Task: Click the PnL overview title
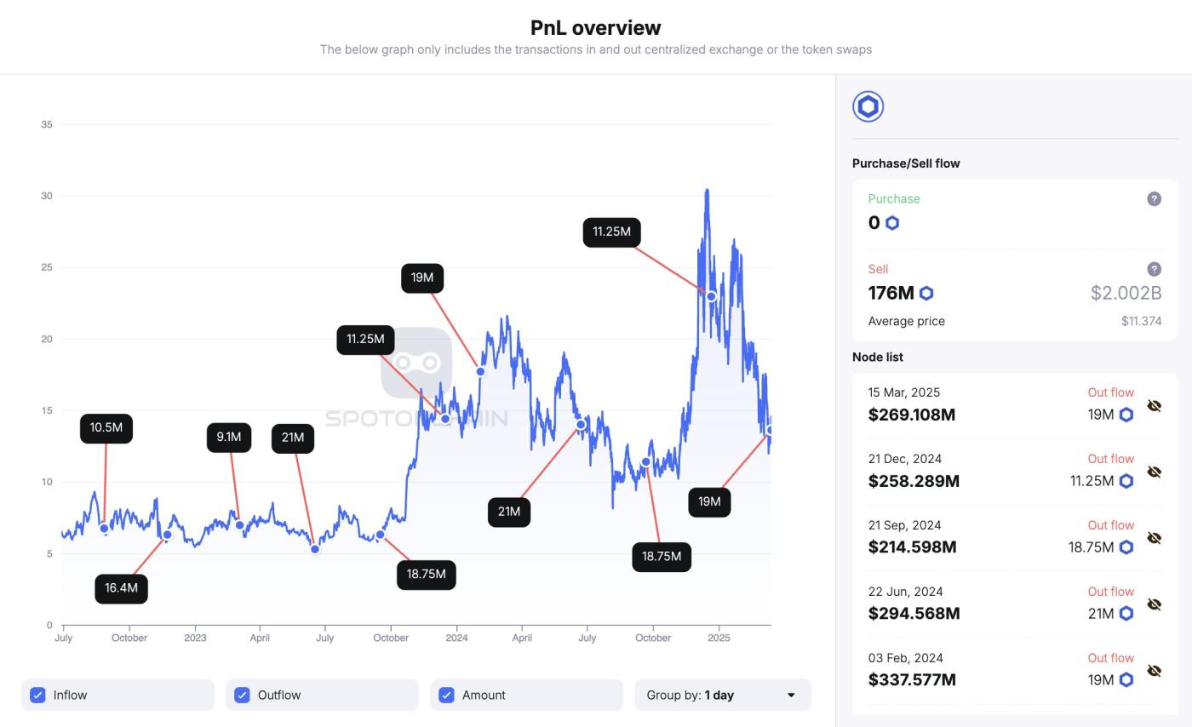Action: (x=595, y=27)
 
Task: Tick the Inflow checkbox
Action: (x=37, y=695)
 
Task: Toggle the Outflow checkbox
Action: (x=242, y=695)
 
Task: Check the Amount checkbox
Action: (x=446, y=695)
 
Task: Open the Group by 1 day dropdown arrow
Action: (x=791, y=695)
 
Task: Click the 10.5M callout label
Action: (x=106, y=427)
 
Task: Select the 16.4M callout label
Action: (x=121, y=588)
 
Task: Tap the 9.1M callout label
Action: (x=228, y=437)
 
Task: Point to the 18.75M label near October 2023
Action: (x=426, y=574)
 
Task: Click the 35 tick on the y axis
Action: (x=46, y=124)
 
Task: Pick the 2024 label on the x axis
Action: (x=456, y=638)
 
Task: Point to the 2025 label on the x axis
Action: (x=719, y=638)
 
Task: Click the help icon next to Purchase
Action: (x=1154, y=198)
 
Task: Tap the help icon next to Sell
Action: (x=1154, y=269)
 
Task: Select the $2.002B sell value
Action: (x=1126, y=293)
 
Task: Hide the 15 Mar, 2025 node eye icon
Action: (x=1154, y=405)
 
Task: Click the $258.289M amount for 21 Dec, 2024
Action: (x=914, y=481)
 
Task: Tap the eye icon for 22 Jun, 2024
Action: (x=1154, y=604)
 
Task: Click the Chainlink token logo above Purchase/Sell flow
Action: (x=868, y=106)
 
